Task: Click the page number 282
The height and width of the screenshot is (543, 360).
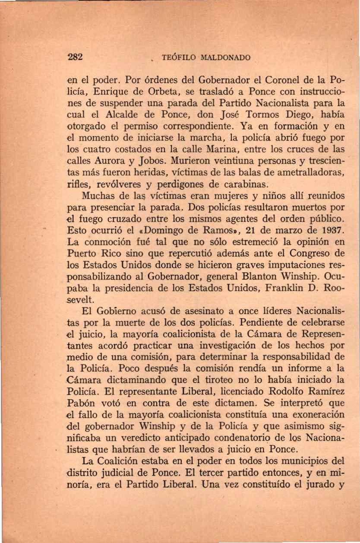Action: tap(75, 57)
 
